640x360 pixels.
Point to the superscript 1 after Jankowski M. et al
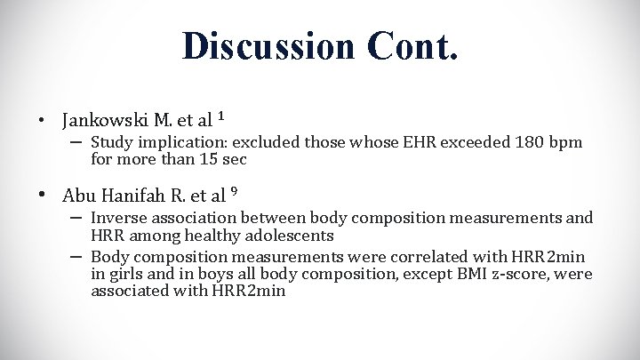(220, 115)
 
